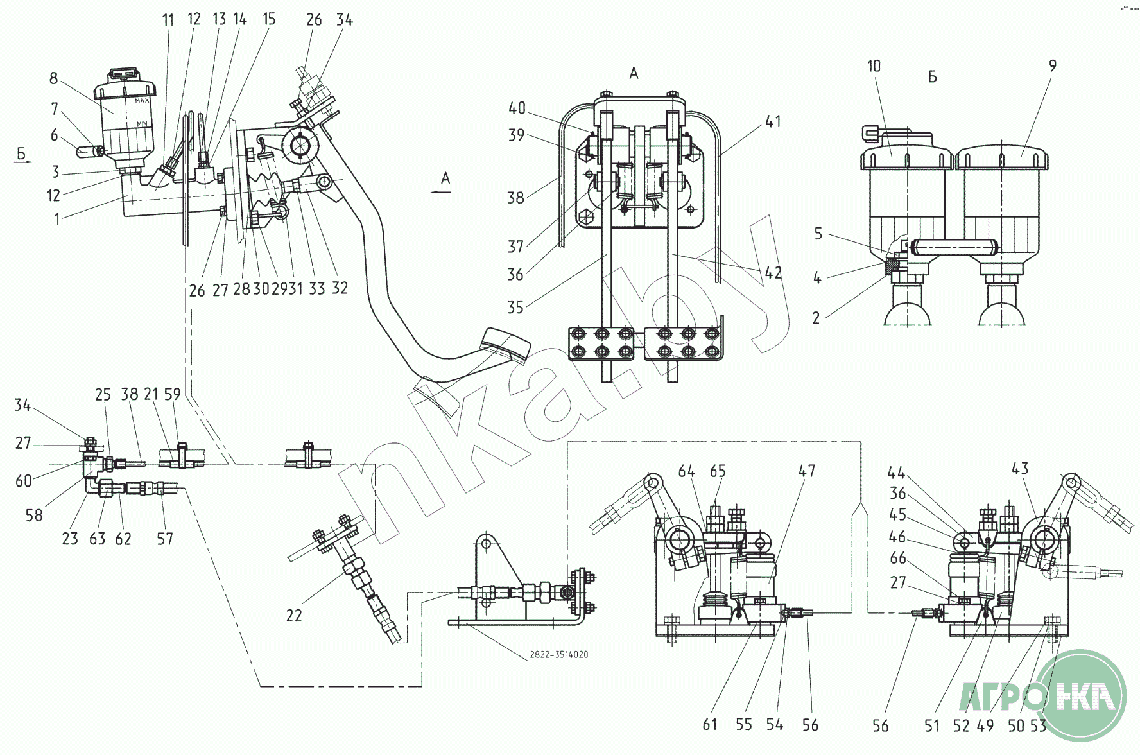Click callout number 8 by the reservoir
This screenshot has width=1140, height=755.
tap(53, 78)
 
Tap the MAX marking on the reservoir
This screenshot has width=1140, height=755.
tap(142, 101)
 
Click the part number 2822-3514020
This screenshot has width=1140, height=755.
tap(558, 655)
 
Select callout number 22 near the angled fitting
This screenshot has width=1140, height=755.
tap(294, 615)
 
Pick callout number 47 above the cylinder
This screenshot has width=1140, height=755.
tap(806, 471)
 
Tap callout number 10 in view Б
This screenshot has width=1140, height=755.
tap(874, 65)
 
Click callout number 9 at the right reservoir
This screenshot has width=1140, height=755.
tap(1052, 65)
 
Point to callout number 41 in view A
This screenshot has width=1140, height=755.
tap(773, 121)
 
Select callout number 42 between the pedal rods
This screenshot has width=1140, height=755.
tap(773, 272)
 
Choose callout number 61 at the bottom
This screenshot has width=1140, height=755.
tap(709, 724)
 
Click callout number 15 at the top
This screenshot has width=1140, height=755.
tap(269, 19)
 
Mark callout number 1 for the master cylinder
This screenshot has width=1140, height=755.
tap(57, 219)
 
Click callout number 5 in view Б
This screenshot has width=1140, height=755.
tap(818, 233)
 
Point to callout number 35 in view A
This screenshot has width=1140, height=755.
tap(515, 307)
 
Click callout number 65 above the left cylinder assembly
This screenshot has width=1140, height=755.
tap(718, 471)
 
